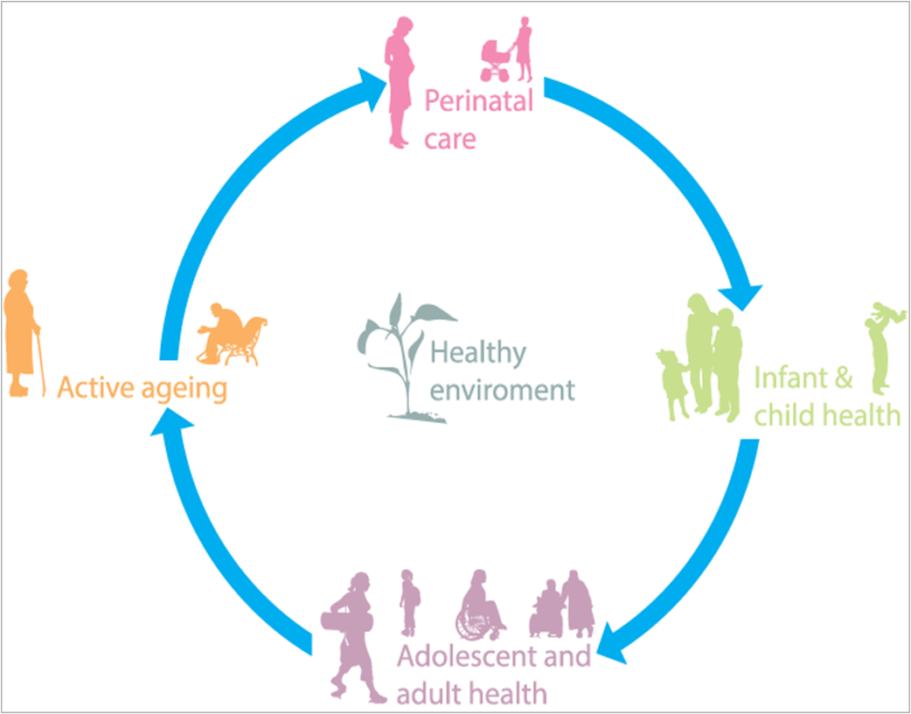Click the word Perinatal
click(478, 101)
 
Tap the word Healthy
click(478, 354)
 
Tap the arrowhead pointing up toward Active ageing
click(170, 428)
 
